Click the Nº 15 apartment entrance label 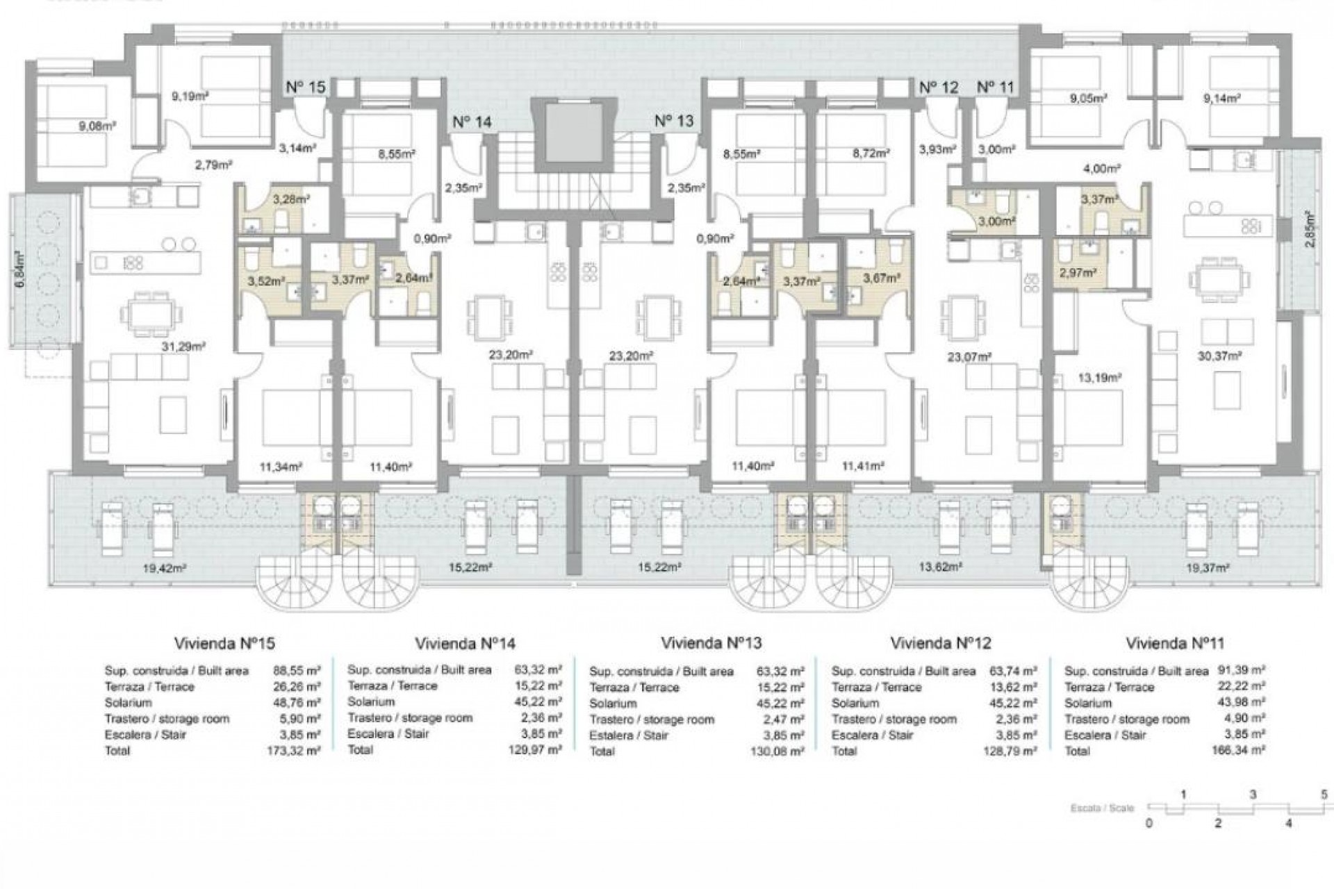point(306,88)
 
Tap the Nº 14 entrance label point(472,122)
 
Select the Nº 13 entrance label point(674,121)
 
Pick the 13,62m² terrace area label point(940,567)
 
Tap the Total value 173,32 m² point(294,751)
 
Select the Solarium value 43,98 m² point(1242,703)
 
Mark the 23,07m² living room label point(969,358)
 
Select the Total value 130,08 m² point(780,751)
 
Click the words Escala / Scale point(1102,808)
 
